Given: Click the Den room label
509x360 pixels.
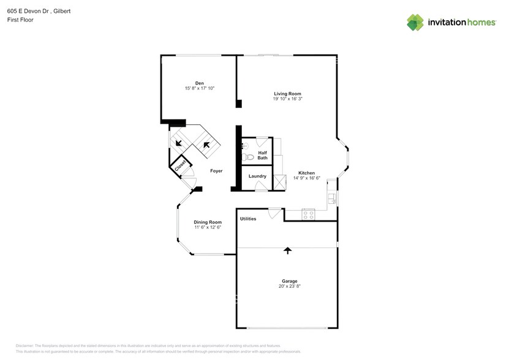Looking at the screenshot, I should (x=199, y=83).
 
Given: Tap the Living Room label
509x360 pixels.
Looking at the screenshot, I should (x=287, y=94).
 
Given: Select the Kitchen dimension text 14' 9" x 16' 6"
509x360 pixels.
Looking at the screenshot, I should (x=306, y=178).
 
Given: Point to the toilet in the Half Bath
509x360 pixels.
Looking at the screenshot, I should (x=247, y=157).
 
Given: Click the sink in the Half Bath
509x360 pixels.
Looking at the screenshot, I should (x=244, y=145).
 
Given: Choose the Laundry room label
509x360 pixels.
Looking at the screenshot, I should (x=257, y=176).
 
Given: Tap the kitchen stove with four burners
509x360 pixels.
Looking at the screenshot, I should (x=308, y=214).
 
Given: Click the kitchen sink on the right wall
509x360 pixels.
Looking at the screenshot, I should (x=331, y=197).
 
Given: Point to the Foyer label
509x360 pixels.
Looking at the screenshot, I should (x=216, y=171).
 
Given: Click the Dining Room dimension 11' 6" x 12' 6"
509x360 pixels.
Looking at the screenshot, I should (x=207, y=227).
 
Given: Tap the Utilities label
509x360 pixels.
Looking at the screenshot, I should (x=248, y=219).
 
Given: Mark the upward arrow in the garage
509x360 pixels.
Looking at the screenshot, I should (x=287, y=250).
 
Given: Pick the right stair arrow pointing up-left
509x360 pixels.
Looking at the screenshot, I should (x=206, y=145).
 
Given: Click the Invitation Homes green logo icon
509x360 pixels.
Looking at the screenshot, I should (x=415, y=22).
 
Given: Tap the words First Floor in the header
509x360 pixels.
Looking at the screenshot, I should (x=21, y=20).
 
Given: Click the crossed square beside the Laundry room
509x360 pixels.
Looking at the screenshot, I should (x=280, y=182).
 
